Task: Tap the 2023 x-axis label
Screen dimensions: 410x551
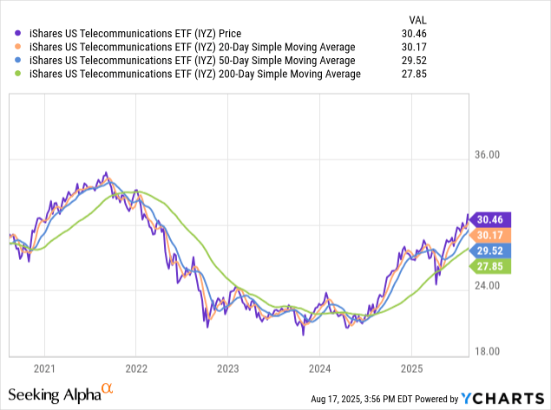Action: point(227,367)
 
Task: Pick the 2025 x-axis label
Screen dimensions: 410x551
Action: point(411,367)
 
